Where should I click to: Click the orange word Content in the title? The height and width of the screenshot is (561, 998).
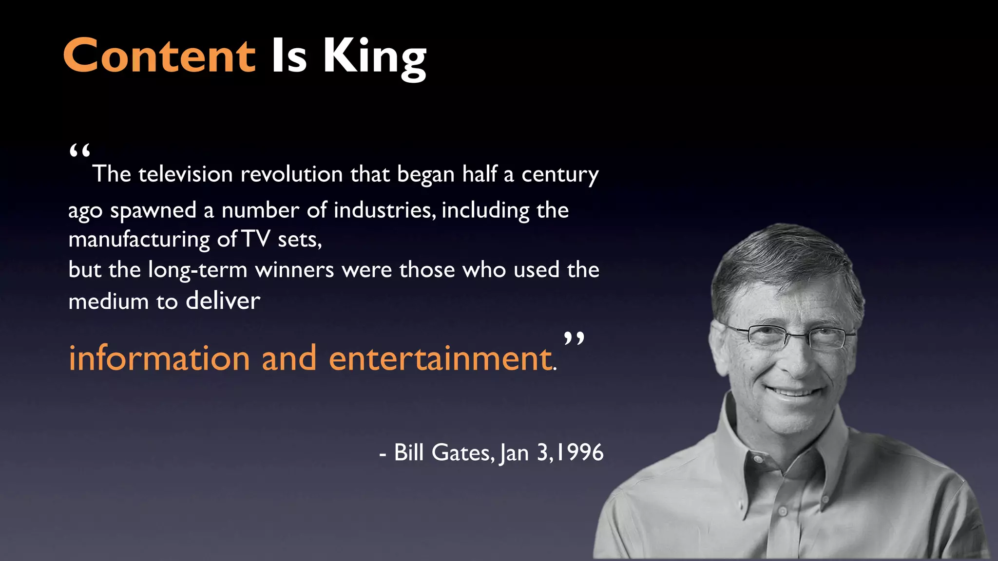(x=159, y=56)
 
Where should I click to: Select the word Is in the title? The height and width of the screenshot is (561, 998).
(x=289, y=56)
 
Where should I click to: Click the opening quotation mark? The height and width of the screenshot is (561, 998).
(x=80, y=151)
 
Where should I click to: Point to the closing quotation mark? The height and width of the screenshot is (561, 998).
(x=574, y=338)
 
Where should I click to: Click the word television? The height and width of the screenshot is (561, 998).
(x=185, y=174)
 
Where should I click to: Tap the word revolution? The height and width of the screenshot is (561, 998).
(x=291, y=174)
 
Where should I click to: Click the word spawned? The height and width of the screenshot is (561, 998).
(x=153, y=211)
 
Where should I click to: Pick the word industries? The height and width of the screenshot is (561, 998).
(x=384, y=210)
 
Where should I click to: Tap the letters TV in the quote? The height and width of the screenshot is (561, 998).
(x=256, y=239)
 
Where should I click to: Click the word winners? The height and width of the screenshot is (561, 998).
(x=294, y=270)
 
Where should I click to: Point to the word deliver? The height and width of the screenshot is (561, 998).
(x=223, y=301)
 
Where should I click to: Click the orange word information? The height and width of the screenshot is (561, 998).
(x=159, y=358)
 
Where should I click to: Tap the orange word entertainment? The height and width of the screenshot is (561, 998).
(x=441, y=358)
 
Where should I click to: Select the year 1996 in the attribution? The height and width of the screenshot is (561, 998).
(x=580, y=452)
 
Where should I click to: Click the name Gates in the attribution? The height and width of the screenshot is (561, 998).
(x=462, y=452)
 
